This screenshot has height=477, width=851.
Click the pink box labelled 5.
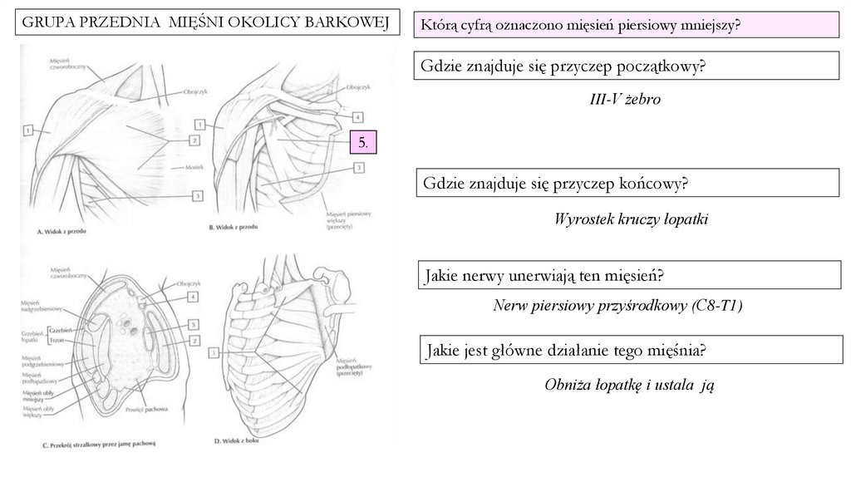(x=363, y=143)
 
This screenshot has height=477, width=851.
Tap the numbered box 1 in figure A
(x=28, y=130)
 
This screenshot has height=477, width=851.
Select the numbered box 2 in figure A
(x=194, y=141)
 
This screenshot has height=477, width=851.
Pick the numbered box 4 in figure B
(x=357, y=116)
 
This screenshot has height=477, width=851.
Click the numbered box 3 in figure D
(x=214, y=352)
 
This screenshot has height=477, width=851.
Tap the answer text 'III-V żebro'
(x=625, y=99)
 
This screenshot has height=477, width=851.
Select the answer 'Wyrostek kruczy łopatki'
(x=630, y=219)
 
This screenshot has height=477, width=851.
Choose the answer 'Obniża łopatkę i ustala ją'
(x=630, y=385)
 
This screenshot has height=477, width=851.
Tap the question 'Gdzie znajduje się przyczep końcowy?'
(x=557, y=183)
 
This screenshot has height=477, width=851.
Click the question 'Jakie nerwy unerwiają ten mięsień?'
(x=548, y=274)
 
